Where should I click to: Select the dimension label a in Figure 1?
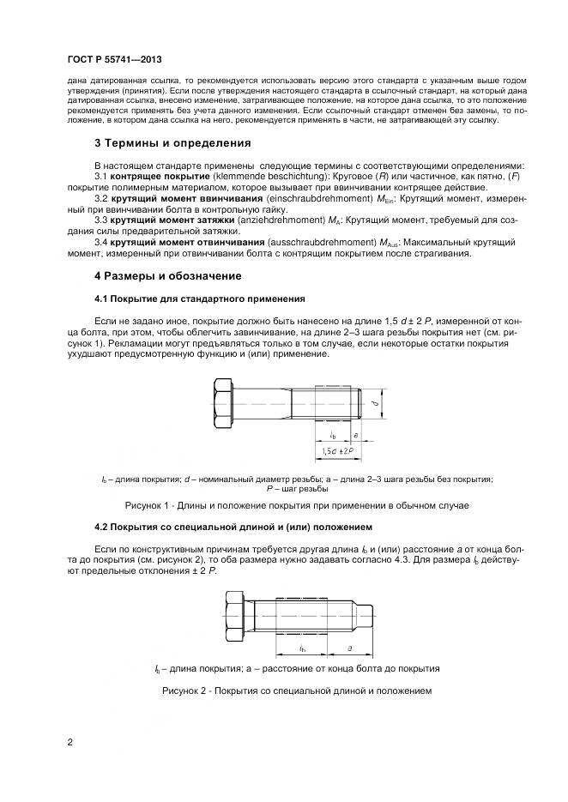[355, 435]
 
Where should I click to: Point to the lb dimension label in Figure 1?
[332, 435]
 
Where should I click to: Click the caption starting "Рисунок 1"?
[297, 505]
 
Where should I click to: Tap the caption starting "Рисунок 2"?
[297, 690]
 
